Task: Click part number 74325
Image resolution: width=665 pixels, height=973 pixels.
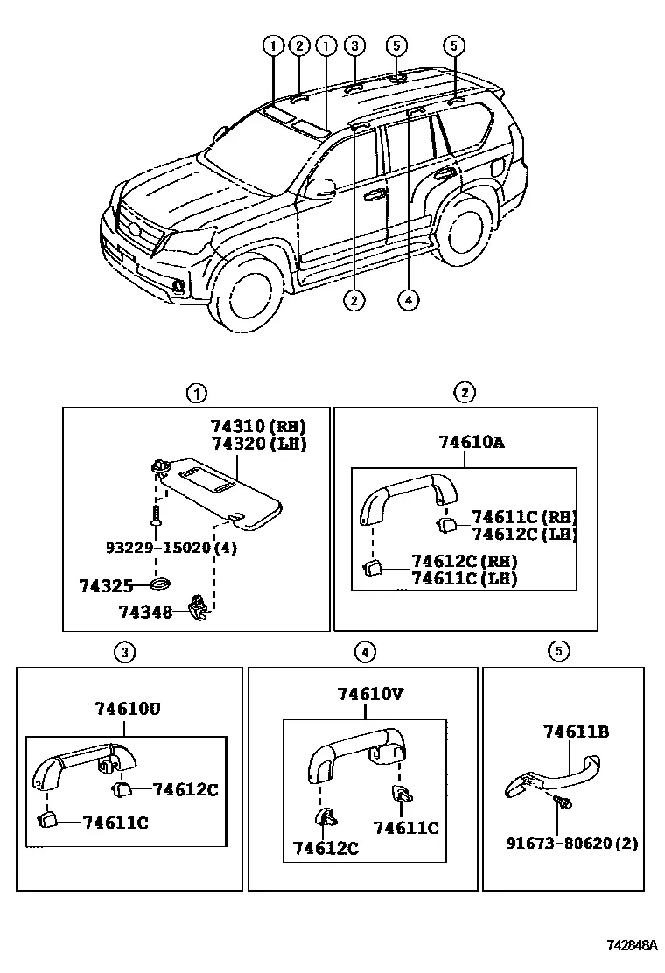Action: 106,585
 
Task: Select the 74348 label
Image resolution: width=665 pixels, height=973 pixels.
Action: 145,612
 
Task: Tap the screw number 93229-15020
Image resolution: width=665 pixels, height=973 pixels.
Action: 158,548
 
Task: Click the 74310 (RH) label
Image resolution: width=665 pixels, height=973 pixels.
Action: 258,426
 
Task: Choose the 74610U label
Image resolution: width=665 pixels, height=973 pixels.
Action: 128,708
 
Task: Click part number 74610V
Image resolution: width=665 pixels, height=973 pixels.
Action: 370,693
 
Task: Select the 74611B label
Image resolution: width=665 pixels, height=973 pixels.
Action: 577,731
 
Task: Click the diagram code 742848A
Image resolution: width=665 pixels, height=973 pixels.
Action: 632,945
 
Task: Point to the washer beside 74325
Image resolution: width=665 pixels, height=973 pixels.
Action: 161,584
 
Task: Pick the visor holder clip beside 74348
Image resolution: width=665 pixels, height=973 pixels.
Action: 199,609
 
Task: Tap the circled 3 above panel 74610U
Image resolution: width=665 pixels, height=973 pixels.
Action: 124,652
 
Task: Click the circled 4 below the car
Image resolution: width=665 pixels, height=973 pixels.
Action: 408,300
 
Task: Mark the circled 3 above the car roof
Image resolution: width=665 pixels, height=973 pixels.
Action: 354,45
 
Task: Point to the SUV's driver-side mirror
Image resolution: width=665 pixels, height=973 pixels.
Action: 321,188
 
